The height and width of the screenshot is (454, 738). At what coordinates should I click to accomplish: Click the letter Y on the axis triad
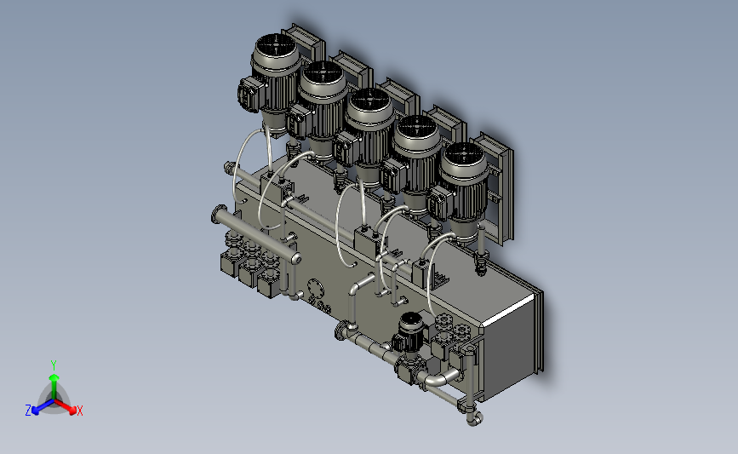pos(54,365)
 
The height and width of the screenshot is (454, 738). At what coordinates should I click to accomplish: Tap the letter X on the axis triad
pos(79,411)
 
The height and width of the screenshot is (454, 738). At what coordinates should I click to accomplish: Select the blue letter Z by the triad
pos(28,411)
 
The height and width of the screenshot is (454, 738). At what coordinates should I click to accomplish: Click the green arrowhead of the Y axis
pos(54,377)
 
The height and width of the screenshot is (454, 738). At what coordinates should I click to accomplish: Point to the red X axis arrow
pos(66,406)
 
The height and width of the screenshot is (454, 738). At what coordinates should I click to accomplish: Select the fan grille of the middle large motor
pos(369,101)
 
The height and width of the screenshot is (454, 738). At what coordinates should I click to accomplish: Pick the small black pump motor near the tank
pos(411,330)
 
